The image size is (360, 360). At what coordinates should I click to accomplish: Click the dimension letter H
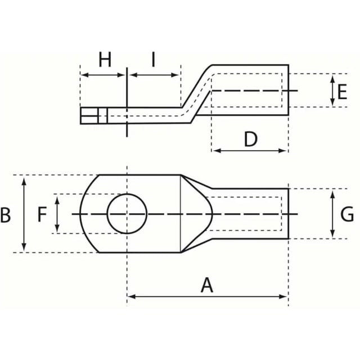click(x=105, y=60)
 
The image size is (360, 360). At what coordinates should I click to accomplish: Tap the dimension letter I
click(x=154, y=60)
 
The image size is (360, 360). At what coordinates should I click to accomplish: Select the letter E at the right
click(x=342, y=92)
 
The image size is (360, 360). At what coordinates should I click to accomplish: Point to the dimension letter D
click(x=250, y=139)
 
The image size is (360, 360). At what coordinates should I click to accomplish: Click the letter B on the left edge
click(x=5, y=215)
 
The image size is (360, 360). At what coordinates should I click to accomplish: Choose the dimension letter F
click(x=42, y=214)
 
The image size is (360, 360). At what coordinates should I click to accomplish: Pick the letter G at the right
click(x=347, y=214)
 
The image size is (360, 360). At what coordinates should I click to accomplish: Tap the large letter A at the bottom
click(x=207, y=285)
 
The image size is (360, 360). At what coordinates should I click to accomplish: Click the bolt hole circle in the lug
click(x=127, y=194)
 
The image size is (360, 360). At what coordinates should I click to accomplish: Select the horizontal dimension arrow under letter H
click(x=103, y=75)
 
